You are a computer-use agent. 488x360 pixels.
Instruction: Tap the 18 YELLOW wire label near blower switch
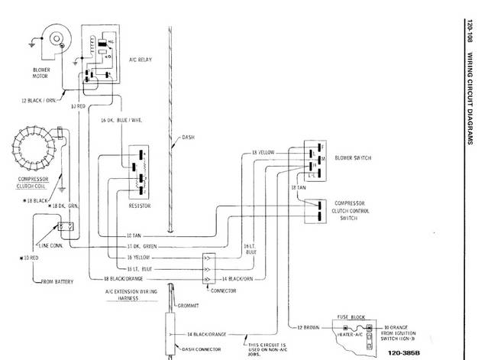(263, 154)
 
